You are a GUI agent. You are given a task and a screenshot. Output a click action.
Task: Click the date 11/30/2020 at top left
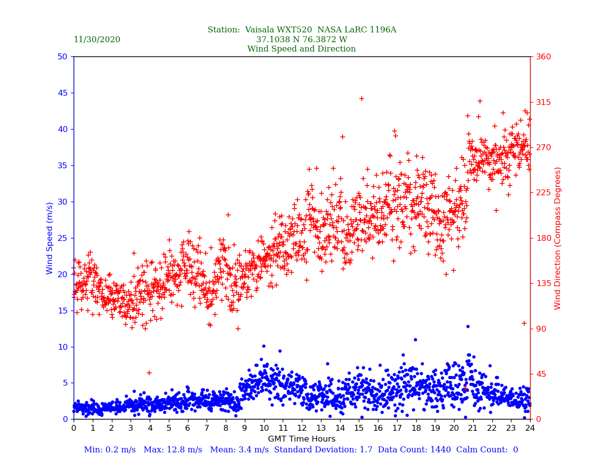97,40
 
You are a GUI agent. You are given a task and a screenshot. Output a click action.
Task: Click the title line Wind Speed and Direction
301,49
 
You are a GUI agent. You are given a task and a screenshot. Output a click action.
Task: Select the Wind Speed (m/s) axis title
50,238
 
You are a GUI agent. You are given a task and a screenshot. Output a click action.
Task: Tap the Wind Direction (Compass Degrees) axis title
558,238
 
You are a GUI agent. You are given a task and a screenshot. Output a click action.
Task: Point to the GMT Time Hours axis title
301,439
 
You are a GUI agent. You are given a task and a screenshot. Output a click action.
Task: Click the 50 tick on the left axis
62,57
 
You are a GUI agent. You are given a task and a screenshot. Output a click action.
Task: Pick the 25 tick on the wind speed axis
62,238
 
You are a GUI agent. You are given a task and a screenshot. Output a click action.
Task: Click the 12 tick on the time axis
301,428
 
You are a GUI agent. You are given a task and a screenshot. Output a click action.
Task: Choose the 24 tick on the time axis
530,428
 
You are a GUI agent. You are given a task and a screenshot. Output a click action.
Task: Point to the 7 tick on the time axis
207,428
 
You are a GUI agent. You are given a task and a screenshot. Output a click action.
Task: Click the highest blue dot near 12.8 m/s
468,326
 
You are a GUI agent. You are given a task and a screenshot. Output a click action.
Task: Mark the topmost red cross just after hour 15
362,99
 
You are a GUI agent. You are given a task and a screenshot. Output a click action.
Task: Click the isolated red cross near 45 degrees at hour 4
149,373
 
